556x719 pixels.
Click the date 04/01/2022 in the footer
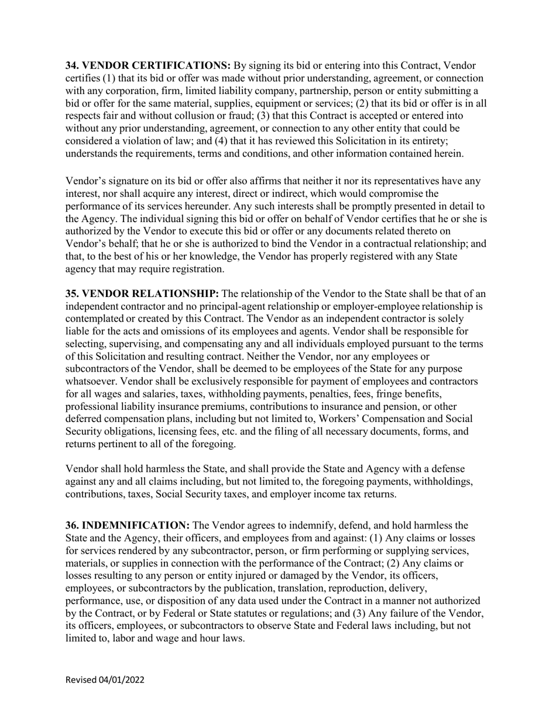coord(122,680)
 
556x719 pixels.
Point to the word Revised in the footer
coord(81,680)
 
